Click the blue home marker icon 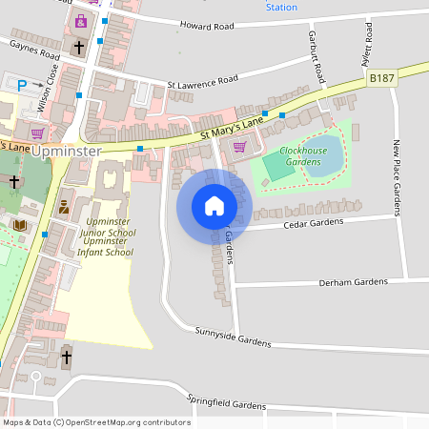[x=214, y=206]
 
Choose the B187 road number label [x=382, y=78]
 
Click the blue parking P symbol [x=21, y=86]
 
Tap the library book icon [x=20, y=225]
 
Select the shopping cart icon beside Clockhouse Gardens [x=238, y=146]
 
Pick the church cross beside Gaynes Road [x=78, y=46]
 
